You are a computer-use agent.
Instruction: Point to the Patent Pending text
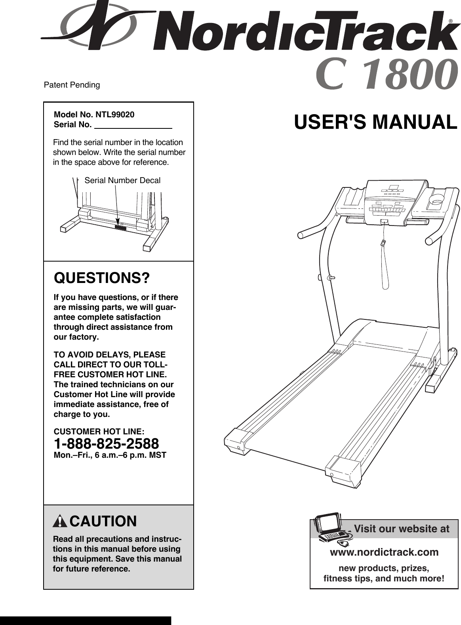click(x=72, y=85)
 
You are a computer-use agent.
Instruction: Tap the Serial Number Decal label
click(x=122, y=181)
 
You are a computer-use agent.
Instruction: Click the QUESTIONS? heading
click(x=102, y=278)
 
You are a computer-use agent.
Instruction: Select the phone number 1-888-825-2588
click(x=106, y=443)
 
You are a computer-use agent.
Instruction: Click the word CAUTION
click(x=103, y=521)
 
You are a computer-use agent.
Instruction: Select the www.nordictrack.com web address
click(x=384, y=552)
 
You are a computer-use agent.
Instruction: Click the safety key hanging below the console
click(x=383, y=243)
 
